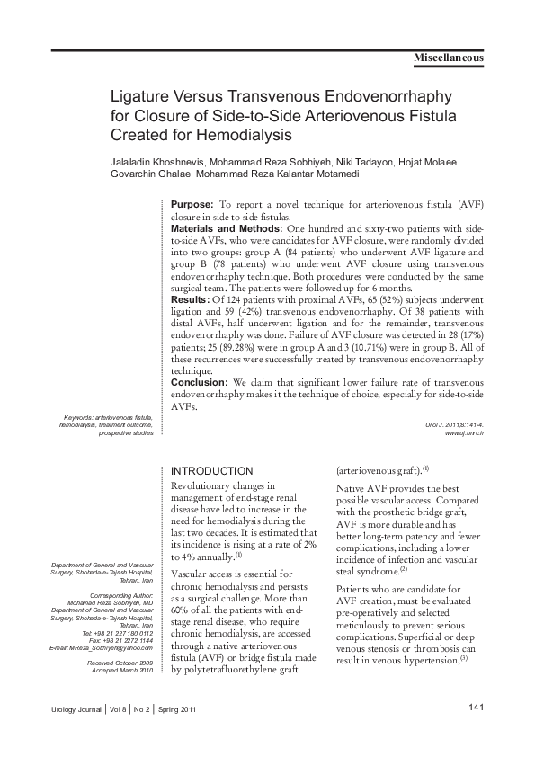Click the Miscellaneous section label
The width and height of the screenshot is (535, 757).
click(448, 58)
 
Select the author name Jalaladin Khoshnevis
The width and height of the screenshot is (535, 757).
click(157, 162)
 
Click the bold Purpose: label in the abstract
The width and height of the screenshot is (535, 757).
click(192, 206)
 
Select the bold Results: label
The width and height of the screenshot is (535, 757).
click(189, 298)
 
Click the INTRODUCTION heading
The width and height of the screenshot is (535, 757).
click(211, 470)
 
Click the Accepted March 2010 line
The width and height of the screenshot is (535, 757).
click(123, 670)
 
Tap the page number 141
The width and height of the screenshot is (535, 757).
click(477, 708)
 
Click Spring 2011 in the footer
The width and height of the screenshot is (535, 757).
click(177, 709)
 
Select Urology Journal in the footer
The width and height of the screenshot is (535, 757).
click(76, 709)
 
